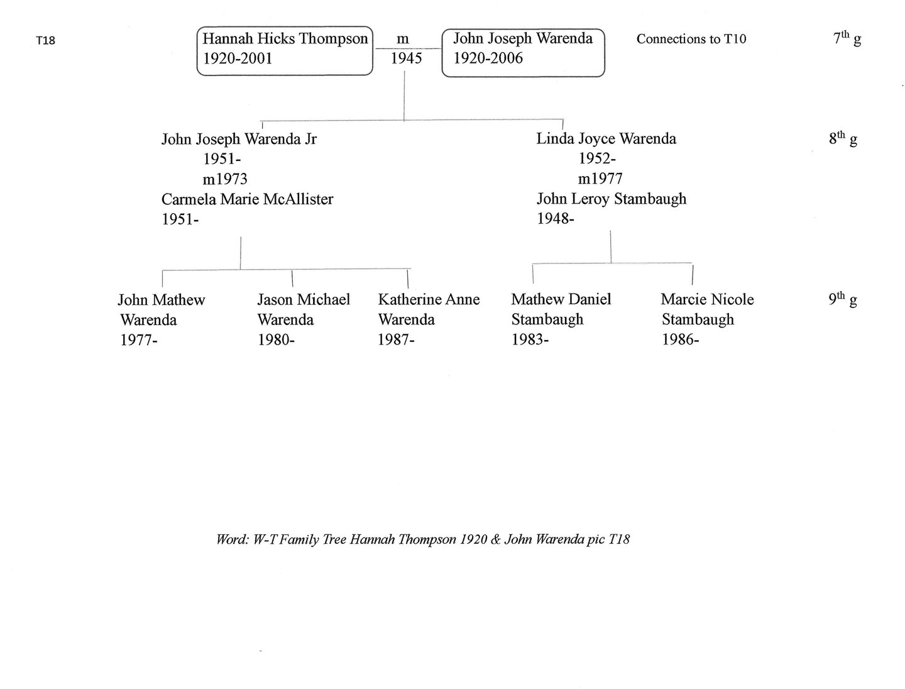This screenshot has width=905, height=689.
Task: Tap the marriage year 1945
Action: click(407, 59)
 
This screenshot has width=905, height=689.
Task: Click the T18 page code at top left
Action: click(45, 41)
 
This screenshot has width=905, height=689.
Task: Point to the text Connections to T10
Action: click(691, 39)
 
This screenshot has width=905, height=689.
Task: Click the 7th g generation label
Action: click(847, 39)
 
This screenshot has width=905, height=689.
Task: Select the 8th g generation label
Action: click(843, 139)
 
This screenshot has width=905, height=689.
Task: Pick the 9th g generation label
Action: click(843, 300)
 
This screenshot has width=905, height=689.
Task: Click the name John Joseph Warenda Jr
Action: click(239, 139)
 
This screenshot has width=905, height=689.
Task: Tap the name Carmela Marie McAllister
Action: click(247, 199)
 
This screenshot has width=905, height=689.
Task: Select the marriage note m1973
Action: click(224, 179)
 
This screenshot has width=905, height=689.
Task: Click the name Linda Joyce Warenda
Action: click(606, 139)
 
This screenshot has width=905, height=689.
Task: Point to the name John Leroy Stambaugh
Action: click(611, 199)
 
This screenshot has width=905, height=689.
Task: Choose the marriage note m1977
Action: click(600, 179)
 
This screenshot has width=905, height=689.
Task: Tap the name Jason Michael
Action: click(304, 300)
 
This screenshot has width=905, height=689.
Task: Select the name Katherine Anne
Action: click(429, 300)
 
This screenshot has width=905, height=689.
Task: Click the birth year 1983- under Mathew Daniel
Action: click(530, 340)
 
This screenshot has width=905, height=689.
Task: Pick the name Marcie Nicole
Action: click(707, 300)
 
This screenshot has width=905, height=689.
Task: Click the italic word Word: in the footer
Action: click(233, 539)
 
